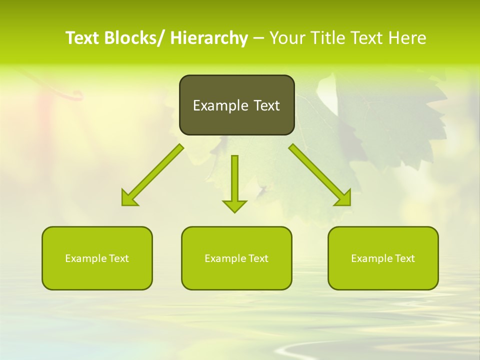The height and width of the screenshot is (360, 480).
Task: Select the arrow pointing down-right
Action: (320, 175)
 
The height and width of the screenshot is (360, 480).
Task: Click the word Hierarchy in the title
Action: (209, 38)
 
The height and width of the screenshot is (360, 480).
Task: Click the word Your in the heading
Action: (287, 38)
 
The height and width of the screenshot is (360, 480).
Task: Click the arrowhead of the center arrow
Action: (234, 205)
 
